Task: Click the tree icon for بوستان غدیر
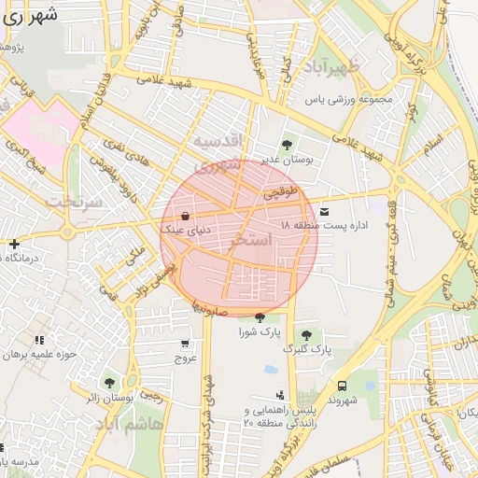[287, 145]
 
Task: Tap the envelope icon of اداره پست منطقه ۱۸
[324, 212]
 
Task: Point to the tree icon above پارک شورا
[259, 317]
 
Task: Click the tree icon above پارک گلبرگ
[305, 335]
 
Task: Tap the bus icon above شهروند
[342, 385]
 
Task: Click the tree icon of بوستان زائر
[110, 383]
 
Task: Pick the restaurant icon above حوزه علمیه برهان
[39, 341]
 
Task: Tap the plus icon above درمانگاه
[14, 245]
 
